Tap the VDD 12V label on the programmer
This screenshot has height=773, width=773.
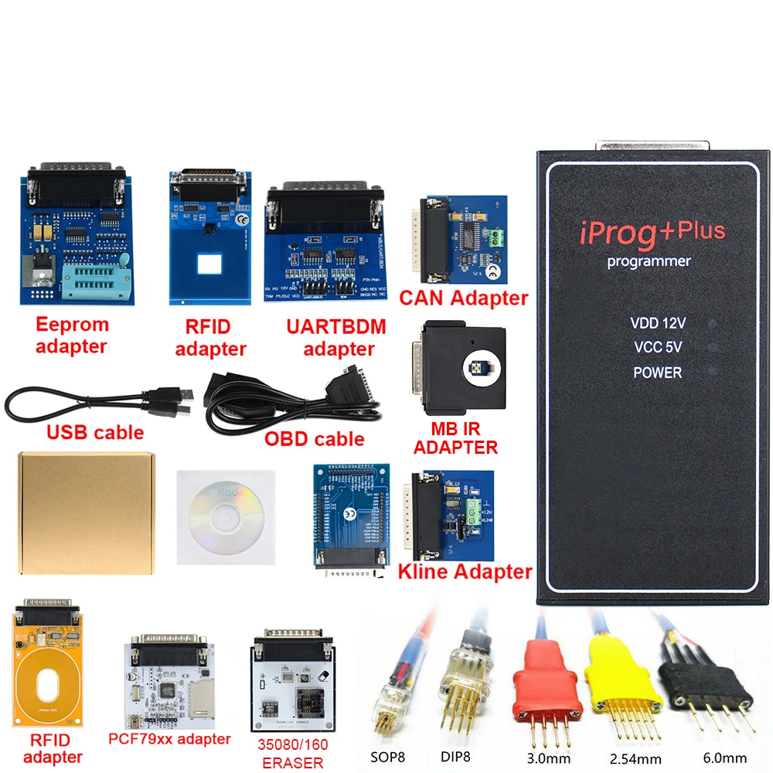point(657,324)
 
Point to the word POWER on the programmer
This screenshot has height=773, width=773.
point(658,373)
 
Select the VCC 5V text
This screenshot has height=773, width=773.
point(658,348)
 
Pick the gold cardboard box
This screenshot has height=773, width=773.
point(87,512)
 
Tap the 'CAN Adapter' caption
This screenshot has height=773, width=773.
point(463,298)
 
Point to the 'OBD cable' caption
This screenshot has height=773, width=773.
point(314,439)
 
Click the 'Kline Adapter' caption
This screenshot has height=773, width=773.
point(465,572)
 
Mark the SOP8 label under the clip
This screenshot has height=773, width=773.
point(386,756)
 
